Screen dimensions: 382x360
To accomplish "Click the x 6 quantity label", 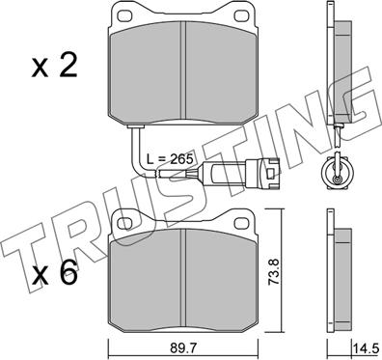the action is click(55, 273).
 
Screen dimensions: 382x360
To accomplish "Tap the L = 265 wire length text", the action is click(170, 159).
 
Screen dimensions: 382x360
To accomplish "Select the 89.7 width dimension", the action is click(183, 347).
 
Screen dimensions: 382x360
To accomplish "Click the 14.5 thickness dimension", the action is click(365, 348).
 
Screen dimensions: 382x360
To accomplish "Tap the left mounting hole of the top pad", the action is click(124, 15).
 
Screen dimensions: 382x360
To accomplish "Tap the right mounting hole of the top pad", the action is click(242, 15).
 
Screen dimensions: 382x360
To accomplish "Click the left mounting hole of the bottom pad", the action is click(124, 222).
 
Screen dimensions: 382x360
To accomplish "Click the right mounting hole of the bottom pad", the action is click(242, 222).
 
